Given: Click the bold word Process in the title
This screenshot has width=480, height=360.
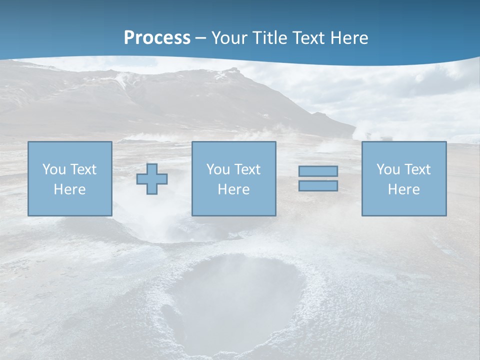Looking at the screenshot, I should point(157,38).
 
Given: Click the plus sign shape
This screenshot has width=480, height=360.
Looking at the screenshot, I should point(152,179).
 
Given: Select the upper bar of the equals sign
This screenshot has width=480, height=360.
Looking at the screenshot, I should point(318,171).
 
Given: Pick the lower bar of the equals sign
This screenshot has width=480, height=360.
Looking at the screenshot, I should point(318,186).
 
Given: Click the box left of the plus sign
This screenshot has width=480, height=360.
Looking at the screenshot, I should point(69,178).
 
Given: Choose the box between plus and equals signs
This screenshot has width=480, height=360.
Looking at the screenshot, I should point(233,178).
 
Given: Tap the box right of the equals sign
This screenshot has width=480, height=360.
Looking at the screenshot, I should point(403,178).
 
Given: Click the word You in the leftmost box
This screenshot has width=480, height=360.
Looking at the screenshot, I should point(54,169).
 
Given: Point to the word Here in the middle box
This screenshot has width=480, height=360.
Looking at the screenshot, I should point(233,189).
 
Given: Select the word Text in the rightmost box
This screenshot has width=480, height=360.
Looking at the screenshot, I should point(417,169).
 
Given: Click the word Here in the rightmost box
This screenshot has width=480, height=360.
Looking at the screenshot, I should point(403,189).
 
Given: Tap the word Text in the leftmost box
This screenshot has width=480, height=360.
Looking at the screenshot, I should point(83,169).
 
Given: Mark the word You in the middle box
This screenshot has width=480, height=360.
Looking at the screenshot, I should point(218,169).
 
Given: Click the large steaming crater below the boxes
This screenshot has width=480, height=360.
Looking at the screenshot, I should point(235,300).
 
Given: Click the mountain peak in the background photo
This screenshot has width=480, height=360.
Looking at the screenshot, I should point(230,70).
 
